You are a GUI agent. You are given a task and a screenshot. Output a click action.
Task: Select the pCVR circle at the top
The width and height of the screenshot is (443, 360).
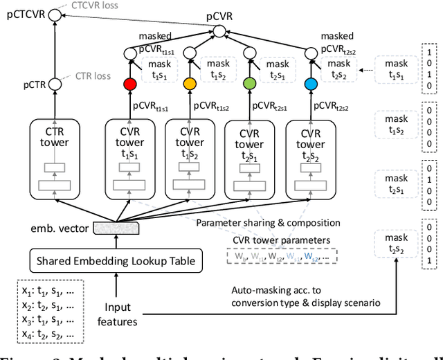coord(219,31)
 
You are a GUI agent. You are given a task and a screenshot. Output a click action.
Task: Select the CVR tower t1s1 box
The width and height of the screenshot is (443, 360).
coord(129,159)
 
